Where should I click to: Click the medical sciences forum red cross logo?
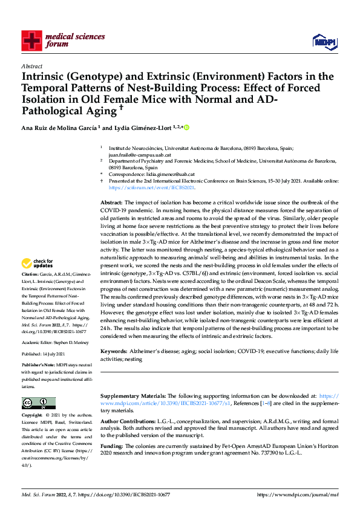(31, 41)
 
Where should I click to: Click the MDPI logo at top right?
(324, 41)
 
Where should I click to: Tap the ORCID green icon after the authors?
(186, 128)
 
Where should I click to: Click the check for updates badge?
(38, 264)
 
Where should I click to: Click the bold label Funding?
(113, 442)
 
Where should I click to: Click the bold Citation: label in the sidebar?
(30, 274)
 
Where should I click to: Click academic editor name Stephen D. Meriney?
(68, 342)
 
